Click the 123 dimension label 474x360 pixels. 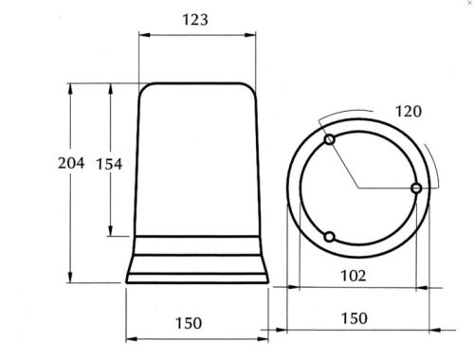click(x=195, y=20)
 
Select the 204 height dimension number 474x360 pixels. click(x=71, y=163)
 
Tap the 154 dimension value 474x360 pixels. click(x=109, y=164)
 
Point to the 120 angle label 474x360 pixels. click(x=409, y=112)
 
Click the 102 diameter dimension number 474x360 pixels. click(x=354, y=276)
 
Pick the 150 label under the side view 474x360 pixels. click(x=189, y=323)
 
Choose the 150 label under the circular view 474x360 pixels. click(x=354, y=318)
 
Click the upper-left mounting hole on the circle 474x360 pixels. click(x=330, y=139)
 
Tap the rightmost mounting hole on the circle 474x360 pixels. click(x=416, y=189)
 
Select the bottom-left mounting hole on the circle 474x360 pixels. click(x=329, y=237)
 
